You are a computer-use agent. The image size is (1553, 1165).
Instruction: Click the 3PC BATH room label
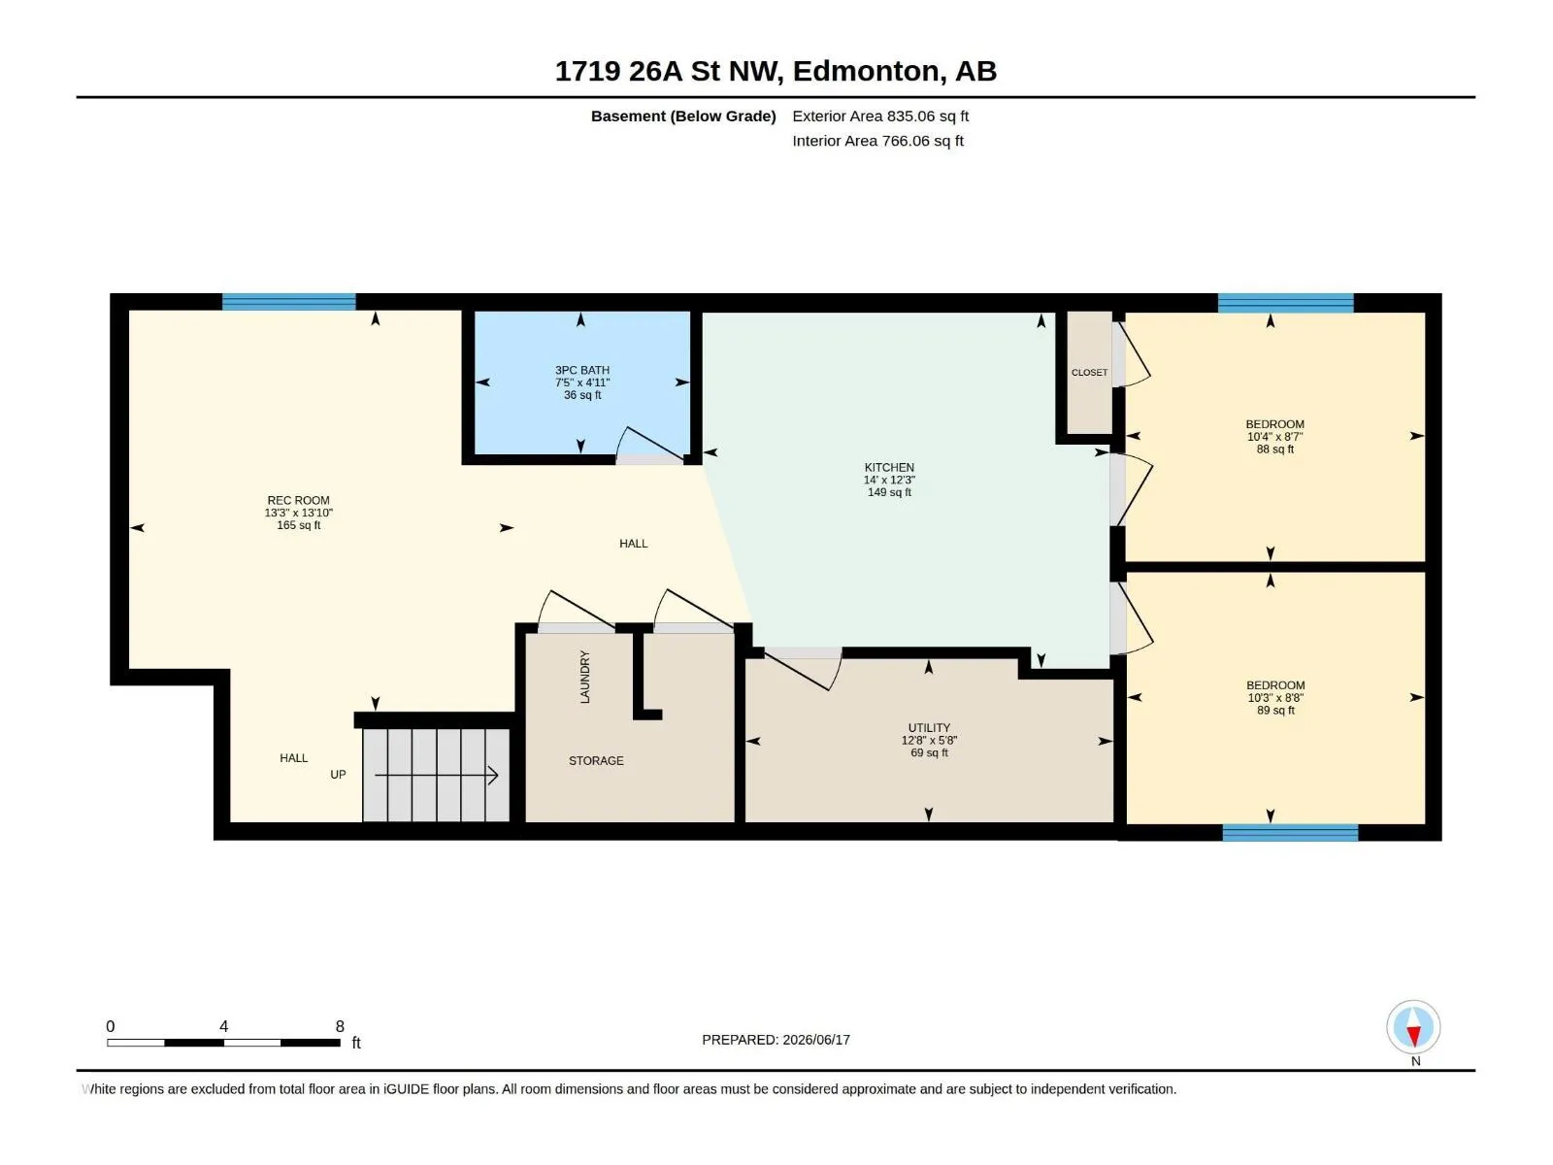pyautogui.click(x=581, y=370)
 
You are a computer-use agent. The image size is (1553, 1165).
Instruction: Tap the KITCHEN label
pyautogui.click(x=889, y=468)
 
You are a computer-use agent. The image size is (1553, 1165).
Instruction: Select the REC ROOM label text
pyautogui.click(x=298, y=500)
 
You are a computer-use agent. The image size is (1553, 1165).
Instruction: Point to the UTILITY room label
pyautogui.click(x=929, y=728)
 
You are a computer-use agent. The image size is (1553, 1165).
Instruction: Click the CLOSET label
pyautogui.click(x=1089, y=372)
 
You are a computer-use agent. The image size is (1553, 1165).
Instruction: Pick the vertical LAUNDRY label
pyautogui.click(x=584, y=677)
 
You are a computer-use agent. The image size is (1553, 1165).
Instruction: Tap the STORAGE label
pyautogui.click(x=596, y=760)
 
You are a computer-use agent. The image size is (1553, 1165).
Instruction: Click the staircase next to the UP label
pyautogui.click(x=436, y=776)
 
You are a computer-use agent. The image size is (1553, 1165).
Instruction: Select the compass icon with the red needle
pyautogui.click(x=1413, y=1027)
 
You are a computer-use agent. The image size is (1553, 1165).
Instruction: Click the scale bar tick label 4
pyautogui.click(x=223, y=1026)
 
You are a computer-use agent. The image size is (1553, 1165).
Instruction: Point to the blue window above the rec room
pyautogui.click(x=288, y=302)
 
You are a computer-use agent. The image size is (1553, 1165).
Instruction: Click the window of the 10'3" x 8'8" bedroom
pyautogui.click(x=1290, y=833)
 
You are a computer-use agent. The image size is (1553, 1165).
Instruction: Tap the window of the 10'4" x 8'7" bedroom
pyautogui.click(x=1285, y=303)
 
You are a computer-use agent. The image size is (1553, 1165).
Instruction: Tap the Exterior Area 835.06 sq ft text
pyautogui.click(x=880, y=116)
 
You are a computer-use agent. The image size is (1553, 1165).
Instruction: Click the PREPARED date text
pyautogui.click(x=776, y=1040)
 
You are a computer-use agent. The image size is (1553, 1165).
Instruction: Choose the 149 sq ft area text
pyautogui.click(x=889, y=492)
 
